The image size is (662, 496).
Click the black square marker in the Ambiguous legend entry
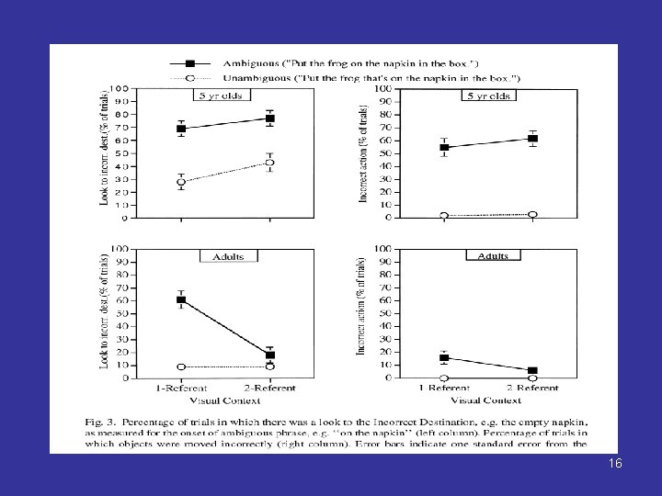190,63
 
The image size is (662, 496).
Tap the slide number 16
614,464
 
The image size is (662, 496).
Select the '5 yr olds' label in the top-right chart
488,95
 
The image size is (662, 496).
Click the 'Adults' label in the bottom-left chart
223,256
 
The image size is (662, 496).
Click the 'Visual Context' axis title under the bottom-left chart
225,400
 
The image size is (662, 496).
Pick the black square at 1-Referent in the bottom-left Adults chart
181,299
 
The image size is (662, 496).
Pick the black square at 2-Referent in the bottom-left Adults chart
270,355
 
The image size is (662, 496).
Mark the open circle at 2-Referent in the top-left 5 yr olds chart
269,163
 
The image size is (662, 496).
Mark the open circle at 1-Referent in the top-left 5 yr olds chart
181,182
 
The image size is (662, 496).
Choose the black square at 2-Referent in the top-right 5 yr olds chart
532,139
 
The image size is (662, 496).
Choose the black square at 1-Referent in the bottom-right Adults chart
444,357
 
